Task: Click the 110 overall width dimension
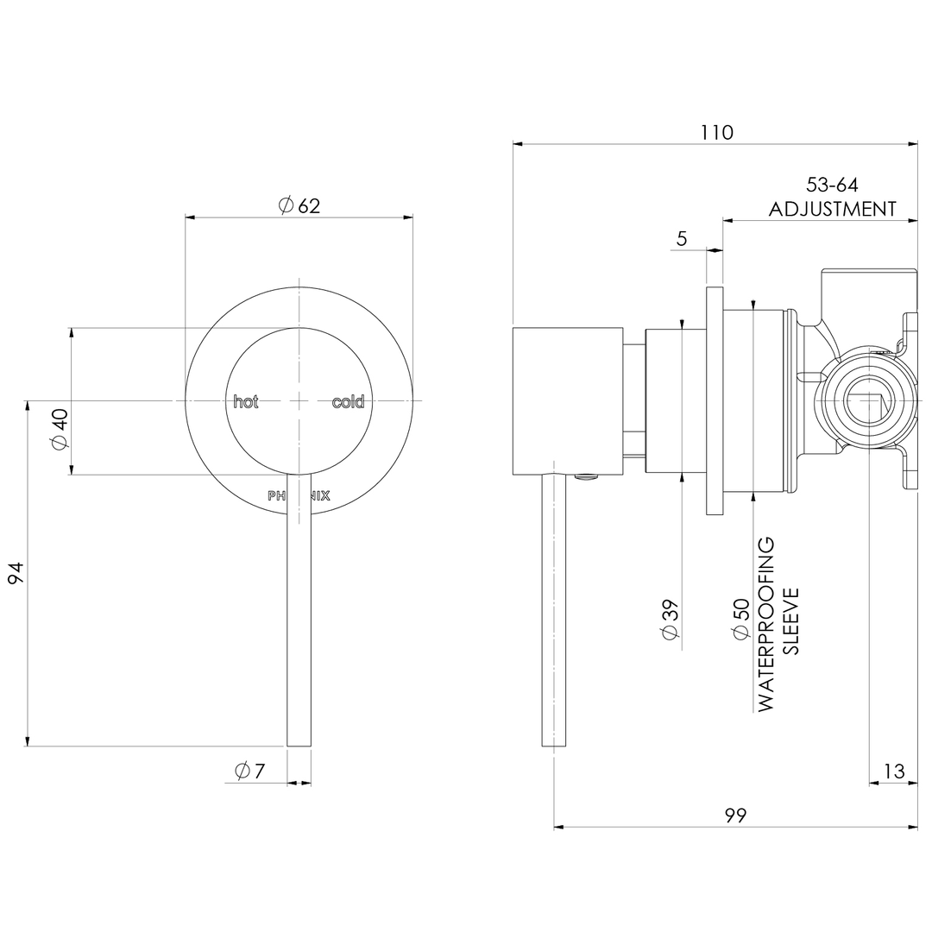pos(716,133)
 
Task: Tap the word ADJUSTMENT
pos(832,209)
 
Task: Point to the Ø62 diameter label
pos(299,205)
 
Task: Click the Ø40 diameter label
pos(59,429)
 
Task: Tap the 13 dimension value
pos(895,771)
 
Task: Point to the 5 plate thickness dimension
pos(682,239)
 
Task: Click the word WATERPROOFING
pos(766,624)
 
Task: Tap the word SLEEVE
pos(791,621)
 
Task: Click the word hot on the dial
pos(246,402)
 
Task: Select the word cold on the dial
pos(348,402)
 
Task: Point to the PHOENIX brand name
pos(299,496)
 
